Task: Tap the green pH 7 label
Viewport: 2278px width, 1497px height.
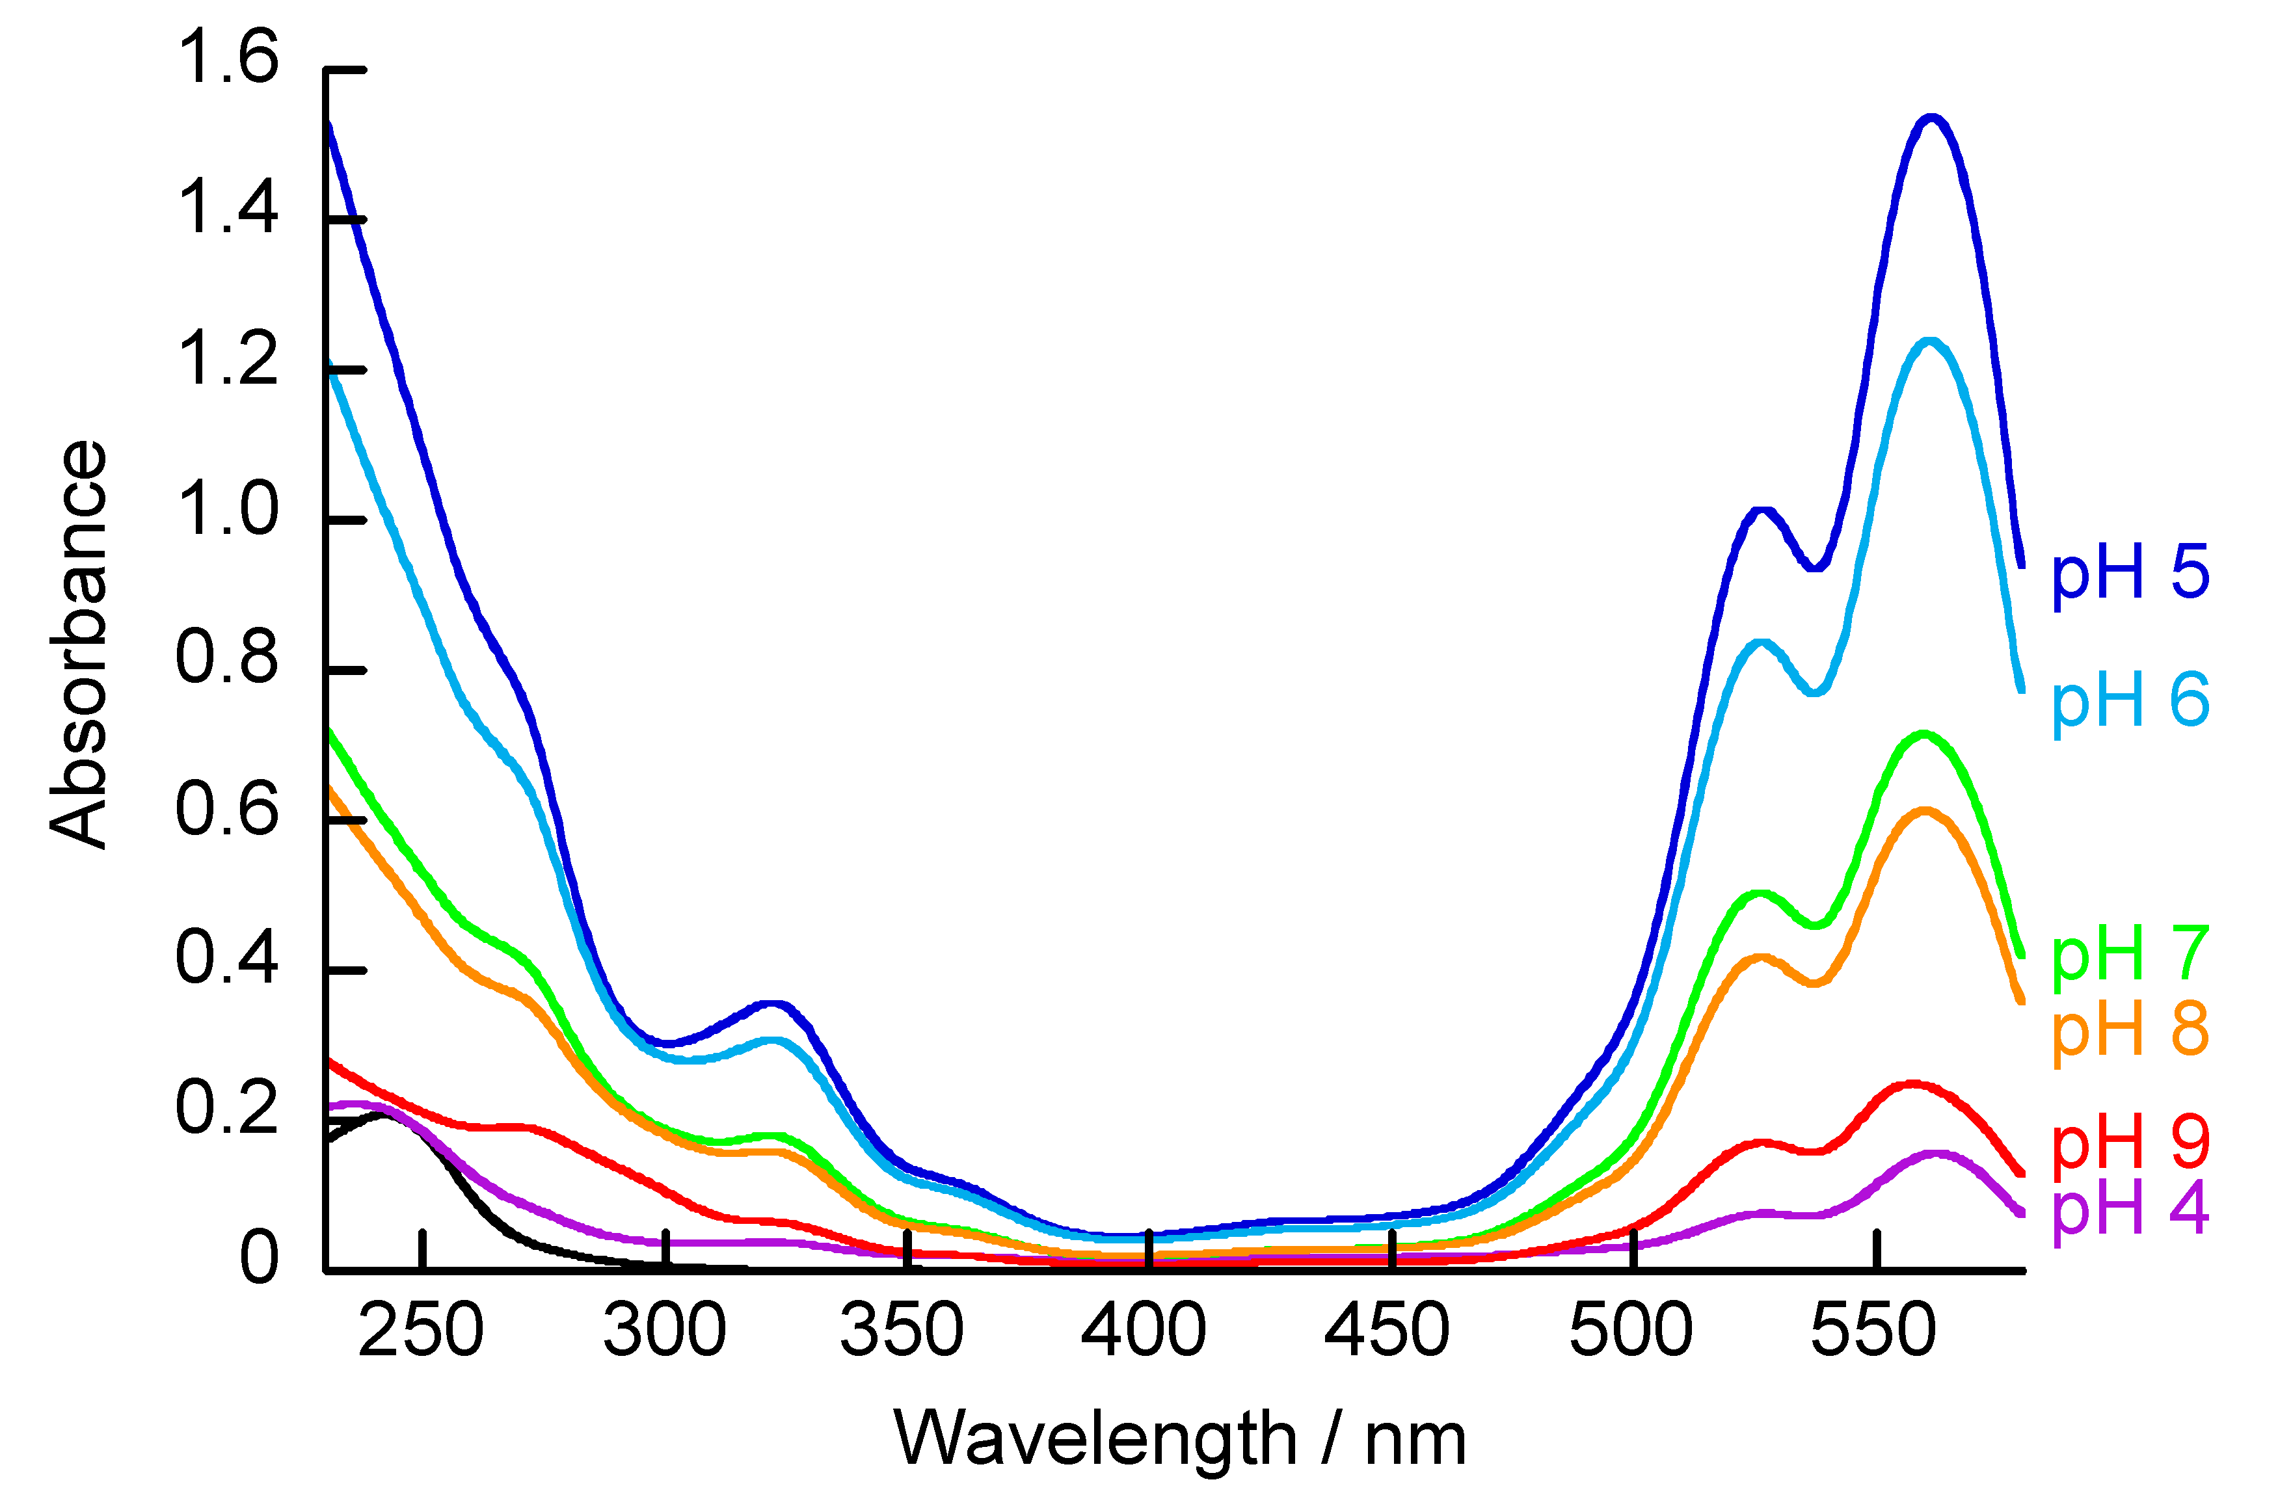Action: click(2130, 956)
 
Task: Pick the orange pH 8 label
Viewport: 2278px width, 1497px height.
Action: click(2130, 1031)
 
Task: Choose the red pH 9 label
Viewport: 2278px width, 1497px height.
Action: click(2130, 1143)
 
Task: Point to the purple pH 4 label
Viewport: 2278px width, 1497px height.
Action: click(2130, 1210)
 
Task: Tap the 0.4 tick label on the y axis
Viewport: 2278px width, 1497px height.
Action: click(228, 958)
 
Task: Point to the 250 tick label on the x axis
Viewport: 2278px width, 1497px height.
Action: click(421, 1331)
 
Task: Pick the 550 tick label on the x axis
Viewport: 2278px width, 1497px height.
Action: click(1874, 1331)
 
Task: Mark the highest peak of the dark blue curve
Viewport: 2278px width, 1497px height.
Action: click(1931, 119)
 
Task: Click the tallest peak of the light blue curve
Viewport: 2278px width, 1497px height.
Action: click(1929, 341)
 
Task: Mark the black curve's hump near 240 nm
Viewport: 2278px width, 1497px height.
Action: click(385, 1116)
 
